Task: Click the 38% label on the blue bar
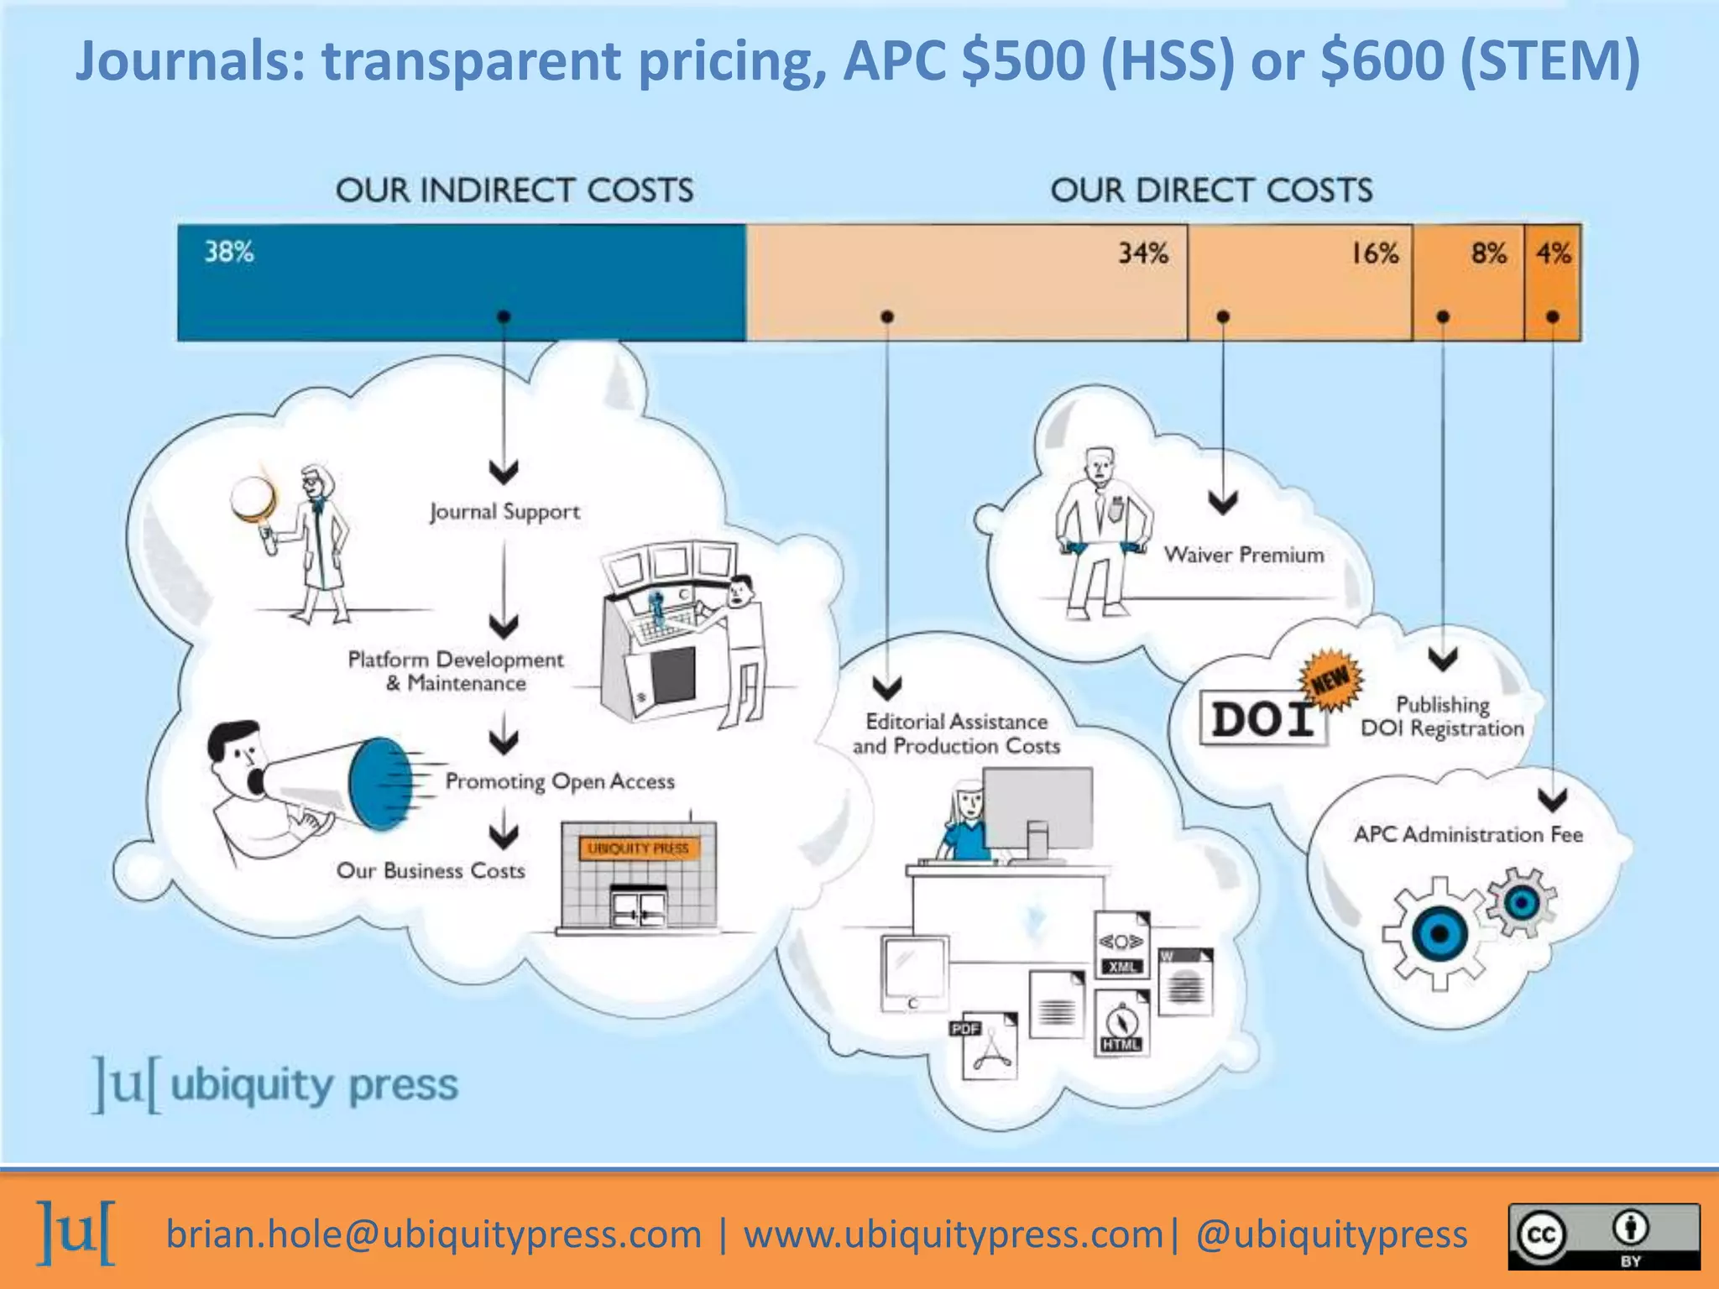(229, 252)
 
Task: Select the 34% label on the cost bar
(1142, 253)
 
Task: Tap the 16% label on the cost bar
(1374, 253)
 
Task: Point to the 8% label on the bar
(1488, 253)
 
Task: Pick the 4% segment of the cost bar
(1553, 281)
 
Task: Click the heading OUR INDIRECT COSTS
(515, 190)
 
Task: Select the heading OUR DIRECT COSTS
(1211, 190)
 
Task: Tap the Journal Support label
(504, 512)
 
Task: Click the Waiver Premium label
(1243, 555)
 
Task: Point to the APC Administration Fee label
(1468, 834)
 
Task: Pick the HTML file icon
(1121, 1024)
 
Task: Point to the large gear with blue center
(1439, 933)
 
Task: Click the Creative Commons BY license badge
(1604, 1236)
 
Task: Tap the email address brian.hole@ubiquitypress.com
(433, 1234)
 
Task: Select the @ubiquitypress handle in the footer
(1332, 1234)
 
